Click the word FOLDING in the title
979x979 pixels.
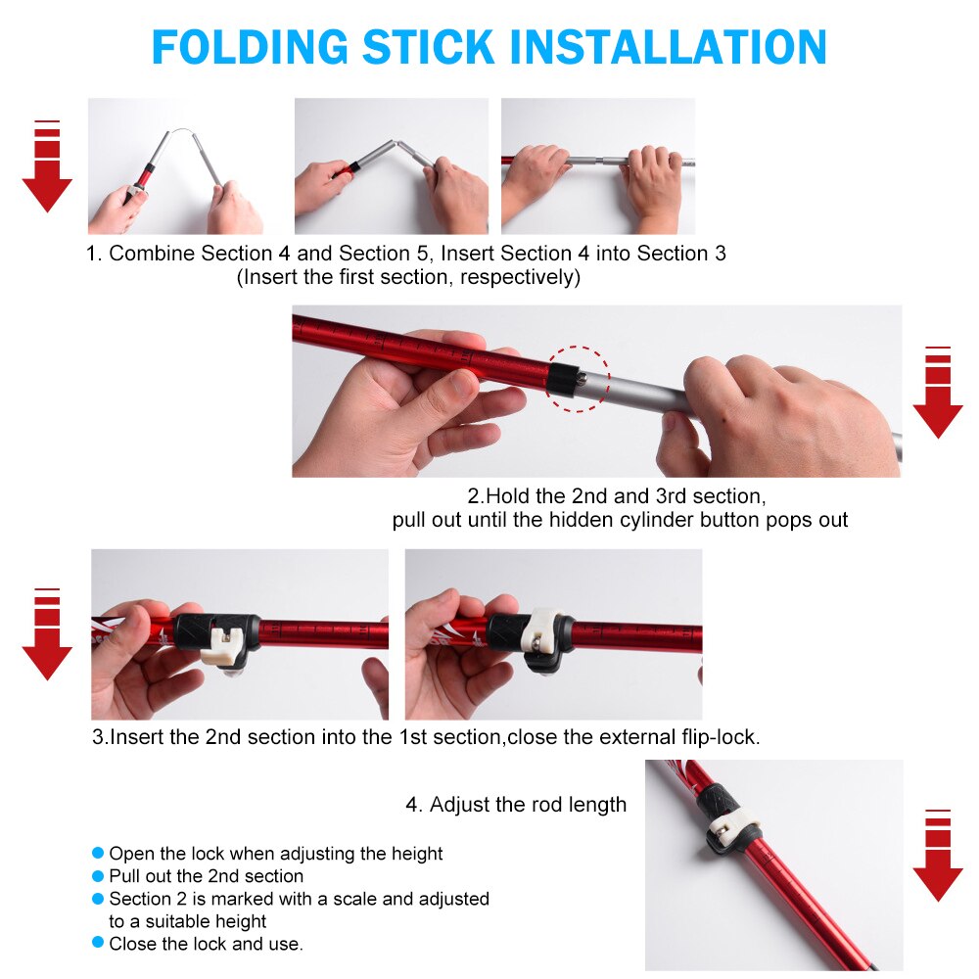[x=250, y=47]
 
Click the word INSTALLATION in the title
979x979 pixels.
[x=668, y=47]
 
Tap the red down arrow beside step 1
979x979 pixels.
[x=47, y=166]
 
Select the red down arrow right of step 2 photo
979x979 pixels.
[x=938, y=393]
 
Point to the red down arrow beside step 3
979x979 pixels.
[x=47, y=633]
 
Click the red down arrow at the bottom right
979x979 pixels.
[x=938, y=856]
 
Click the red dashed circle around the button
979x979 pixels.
[x=579, y=348]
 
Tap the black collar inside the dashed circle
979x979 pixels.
[x=563, y=379]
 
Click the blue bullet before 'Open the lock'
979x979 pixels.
[x=97, y=853]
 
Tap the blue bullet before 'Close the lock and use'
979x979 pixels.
[x=97, y=942]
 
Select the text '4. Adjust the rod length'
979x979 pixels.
[x=516, y=805]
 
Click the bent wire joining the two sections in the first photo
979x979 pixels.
[x=181, y=130]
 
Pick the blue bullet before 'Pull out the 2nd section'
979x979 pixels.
[x=97, y=876]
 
